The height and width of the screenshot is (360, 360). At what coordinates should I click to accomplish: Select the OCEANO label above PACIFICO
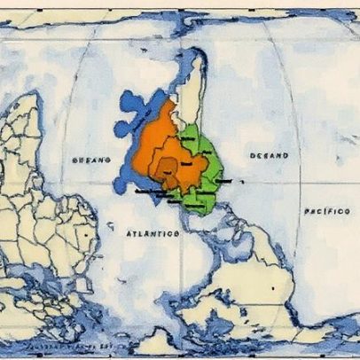point(269,155)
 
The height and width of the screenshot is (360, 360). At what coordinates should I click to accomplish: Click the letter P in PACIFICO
point(307,212)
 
